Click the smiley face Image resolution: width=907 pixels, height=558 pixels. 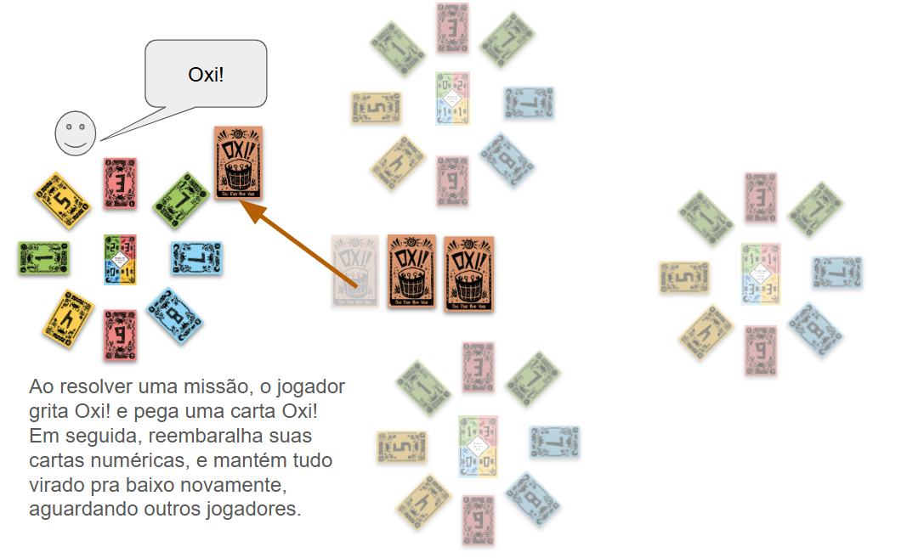75,133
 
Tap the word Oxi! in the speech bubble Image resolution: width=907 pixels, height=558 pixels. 206,74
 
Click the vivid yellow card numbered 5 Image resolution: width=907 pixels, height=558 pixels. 62,200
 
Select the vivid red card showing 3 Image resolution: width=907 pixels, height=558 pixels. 121,183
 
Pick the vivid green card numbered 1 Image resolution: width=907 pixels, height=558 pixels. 43,257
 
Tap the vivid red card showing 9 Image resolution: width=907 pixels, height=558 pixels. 121,335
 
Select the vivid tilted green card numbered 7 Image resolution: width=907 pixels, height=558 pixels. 181,200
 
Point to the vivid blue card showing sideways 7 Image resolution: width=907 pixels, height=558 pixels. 196,257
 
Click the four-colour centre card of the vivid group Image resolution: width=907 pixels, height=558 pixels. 120,259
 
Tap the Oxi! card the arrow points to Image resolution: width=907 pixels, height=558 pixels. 238,163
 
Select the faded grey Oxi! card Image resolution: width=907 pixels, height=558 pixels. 355,270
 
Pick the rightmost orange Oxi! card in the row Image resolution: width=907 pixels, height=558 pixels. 468,273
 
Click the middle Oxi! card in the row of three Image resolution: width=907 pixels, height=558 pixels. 411,271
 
